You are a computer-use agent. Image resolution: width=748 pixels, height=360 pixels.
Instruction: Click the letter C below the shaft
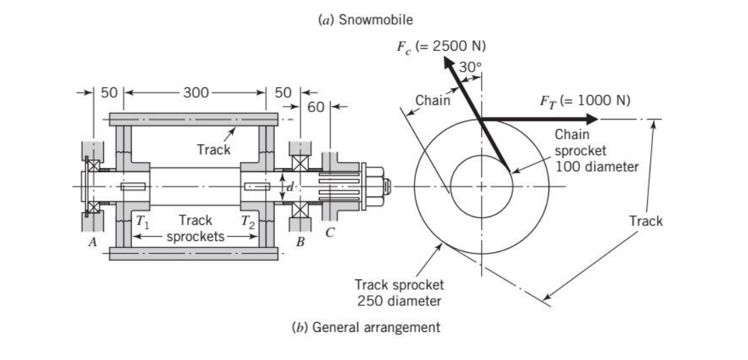click(x=329, y=232)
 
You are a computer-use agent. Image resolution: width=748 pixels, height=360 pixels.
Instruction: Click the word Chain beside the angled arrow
click(x=432, y=100)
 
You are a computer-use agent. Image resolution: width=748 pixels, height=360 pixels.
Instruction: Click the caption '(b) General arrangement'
click(x=366, y=327)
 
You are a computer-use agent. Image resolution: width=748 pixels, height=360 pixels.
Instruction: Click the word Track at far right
click(x=646, y=221)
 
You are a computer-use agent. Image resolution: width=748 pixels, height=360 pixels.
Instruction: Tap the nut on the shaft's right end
click(x=378, y=185)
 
